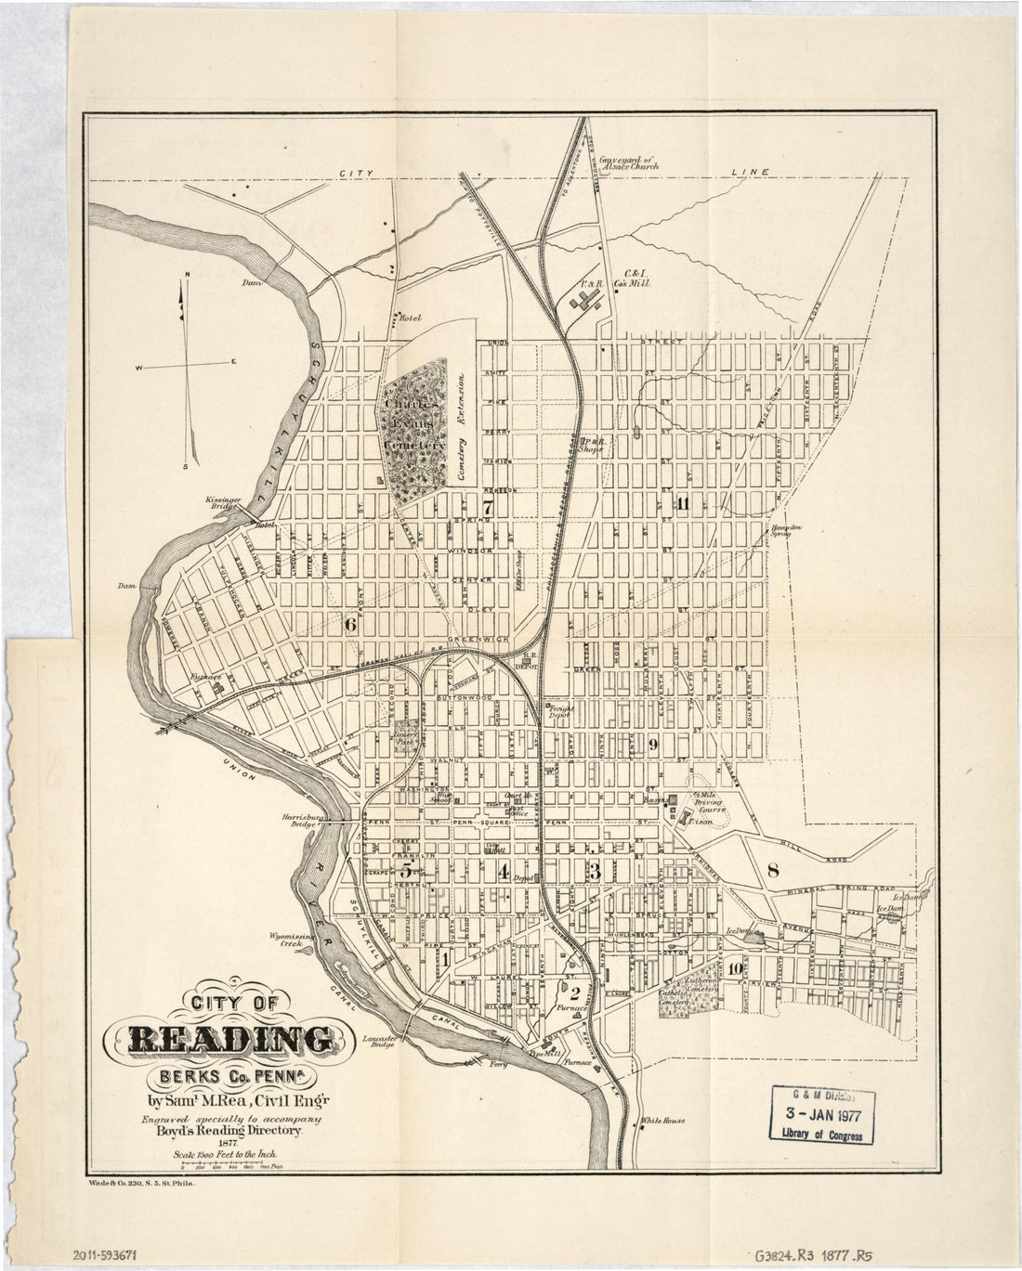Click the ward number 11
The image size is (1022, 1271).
pyautogui.click(x=683, y=504)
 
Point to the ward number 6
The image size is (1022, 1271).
pyautogui.click(x=350, y=625)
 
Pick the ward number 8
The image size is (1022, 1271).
pyautogui.click(x=773, y=870)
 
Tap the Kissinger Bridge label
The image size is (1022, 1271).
pyautogui.click(x=225, y=504)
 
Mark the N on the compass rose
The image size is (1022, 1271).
pyautogui.click(x=187, y=275)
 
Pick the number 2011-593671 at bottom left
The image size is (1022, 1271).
pyautogui.click(x=105, y=1253)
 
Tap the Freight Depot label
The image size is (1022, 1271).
pyautogui.click(x=561, y=712)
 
